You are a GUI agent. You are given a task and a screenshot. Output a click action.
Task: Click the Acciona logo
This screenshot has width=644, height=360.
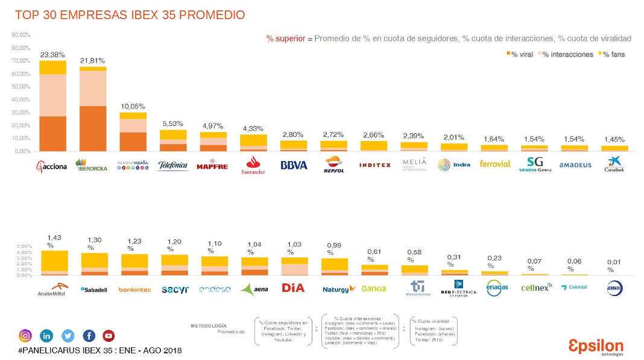click(52, 165)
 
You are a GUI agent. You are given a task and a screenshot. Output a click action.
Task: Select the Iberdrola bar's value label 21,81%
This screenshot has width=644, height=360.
click(92, 61)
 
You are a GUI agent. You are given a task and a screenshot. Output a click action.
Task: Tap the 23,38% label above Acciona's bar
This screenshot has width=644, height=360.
click(52, 54)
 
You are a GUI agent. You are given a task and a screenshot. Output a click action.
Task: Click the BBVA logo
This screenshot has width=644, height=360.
click(294, 165)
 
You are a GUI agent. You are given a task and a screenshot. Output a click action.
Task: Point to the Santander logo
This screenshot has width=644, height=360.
click(253, 165)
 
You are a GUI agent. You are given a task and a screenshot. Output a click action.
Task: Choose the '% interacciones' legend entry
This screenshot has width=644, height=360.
click(565, 54)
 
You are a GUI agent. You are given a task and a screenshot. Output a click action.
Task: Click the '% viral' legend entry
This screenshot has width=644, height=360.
click(520, 54)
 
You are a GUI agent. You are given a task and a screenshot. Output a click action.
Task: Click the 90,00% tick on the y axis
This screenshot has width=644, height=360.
click(21, 35)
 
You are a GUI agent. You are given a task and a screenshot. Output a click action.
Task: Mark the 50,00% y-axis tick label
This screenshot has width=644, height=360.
click(21, 87)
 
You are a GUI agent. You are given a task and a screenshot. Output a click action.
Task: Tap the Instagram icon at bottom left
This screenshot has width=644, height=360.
click(25, 336)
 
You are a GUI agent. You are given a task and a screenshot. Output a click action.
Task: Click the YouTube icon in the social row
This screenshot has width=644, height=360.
click(109, 336)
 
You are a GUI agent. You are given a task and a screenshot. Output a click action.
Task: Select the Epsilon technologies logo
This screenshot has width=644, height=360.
click(596, 347)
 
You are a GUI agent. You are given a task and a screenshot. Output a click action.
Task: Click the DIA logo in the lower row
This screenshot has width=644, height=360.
click(293, 288)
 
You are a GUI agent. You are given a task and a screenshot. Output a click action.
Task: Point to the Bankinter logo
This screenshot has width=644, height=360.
click(134, 289)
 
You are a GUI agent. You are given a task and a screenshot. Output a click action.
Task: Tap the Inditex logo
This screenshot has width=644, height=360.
click(374, 165)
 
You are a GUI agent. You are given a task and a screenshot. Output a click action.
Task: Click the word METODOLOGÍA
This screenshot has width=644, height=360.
click(209, 326)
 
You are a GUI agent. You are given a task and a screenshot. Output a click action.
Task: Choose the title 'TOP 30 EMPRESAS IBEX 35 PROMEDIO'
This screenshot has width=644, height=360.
click(130, 15)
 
